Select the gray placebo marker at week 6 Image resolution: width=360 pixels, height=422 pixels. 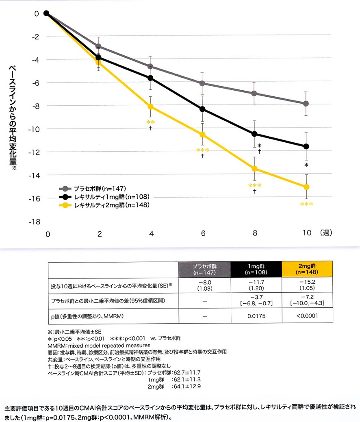(x=202, y=83)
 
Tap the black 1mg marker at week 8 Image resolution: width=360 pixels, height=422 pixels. (x=254, y=134)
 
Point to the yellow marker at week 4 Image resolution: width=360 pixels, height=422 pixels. (x=151, y=107)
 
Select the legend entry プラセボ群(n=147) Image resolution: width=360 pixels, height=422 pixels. (x=99, y=189)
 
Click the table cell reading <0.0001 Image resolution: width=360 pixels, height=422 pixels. (x=308, y=315)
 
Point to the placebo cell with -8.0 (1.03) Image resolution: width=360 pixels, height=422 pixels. (x=205, y=286)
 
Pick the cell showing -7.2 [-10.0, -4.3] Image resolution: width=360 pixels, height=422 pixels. (x=308, y=301)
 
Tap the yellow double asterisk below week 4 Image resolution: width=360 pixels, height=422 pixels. (x=150, y=122)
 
